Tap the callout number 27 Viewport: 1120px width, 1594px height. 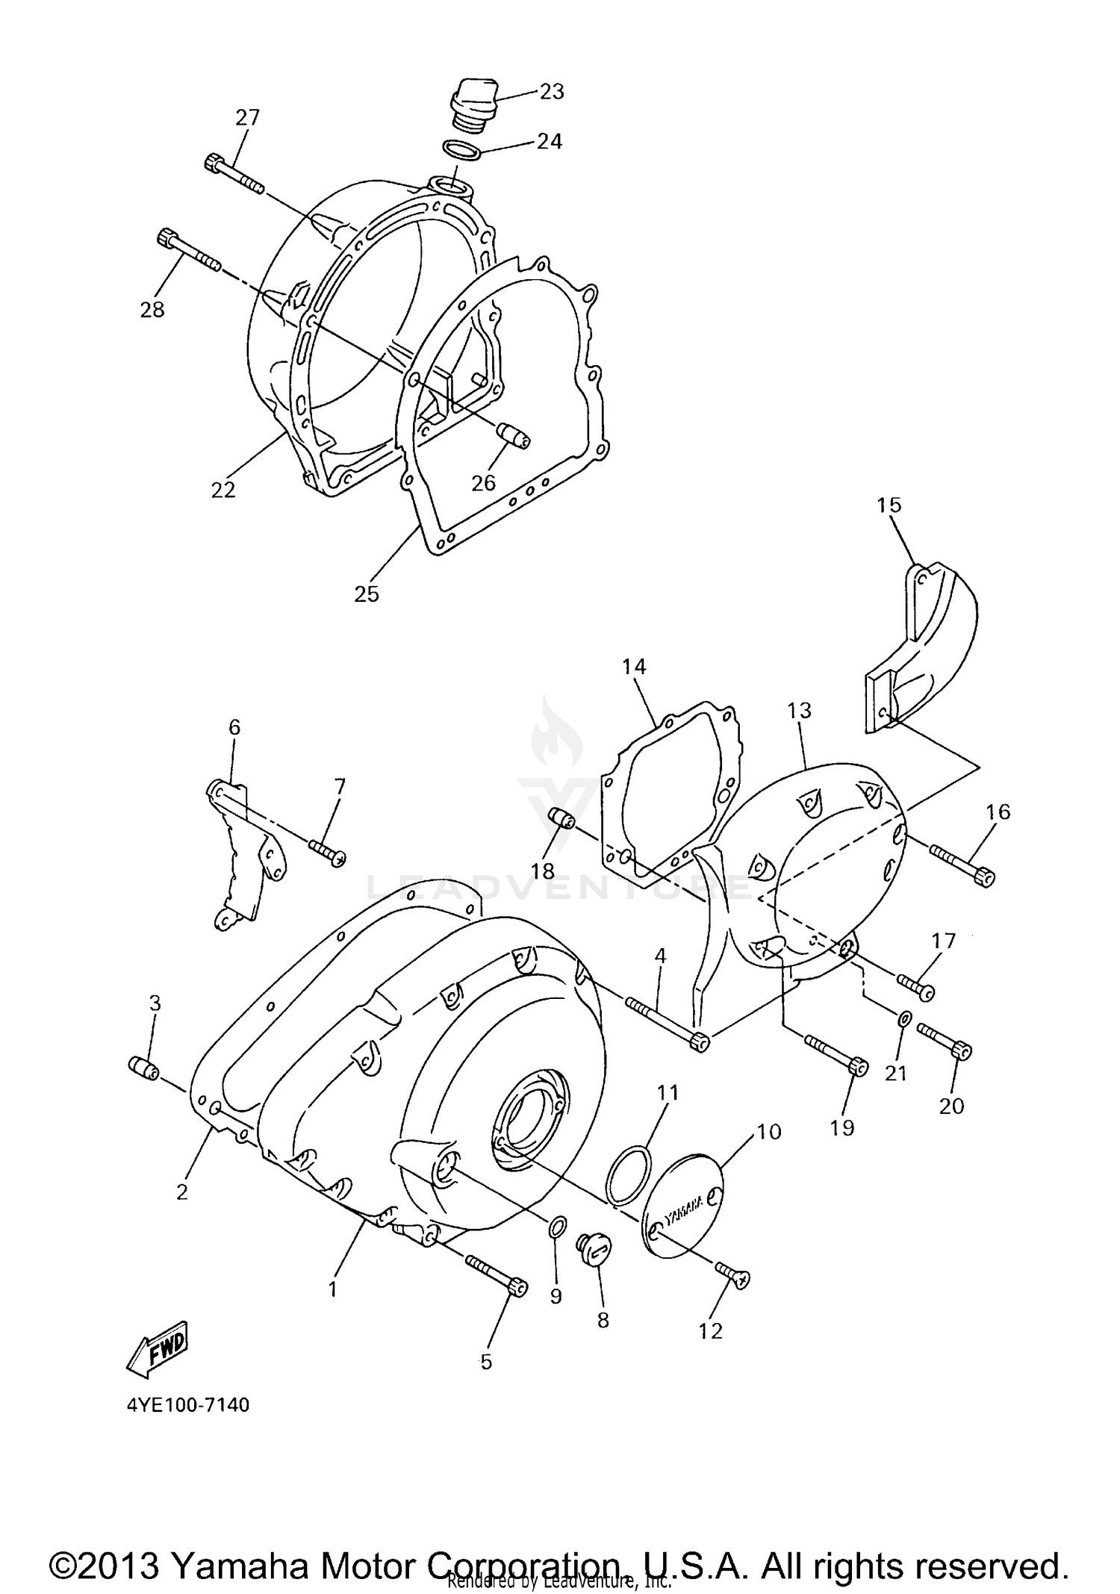coord(248,117)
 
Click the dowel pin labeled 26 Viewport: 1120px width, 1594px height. coord(514,434)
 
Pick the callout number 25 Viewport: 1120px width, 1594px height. coord(367,594)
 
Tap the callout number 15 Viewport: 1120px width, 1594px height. coord(889,505)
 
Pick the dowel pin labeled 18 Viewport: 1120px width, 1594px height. coord(561,818)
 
